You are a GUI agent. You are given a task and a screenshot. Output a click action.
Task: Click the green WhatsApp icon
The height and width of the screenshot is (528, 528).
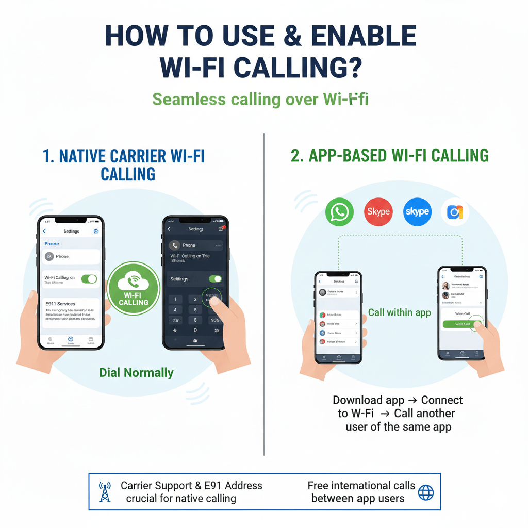339,212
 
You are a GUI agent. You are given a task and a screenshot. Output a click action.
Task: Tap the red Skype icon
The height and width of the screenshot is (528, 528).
378,212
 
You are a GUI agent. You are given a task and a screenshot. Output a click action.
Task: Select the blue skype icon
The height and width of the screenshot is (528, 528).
417,212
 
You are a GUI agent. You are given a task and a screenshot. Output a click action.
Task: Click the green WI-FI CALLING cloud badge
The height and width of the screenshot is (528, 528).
134,288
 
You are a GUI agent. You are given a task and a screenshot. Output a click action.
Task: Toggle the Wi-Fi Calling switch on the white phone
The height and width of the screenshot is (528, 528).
89,279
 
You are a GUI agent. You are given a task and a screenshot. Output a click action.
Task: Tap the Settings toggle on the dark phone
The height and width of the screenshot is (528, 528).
215,279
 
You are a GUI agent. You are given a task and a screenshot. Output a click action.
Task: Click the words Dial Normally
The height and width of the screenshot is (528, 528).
136,372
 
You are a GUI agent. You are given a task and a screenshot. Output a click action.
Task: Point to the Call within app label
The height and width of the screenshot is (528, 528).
399,312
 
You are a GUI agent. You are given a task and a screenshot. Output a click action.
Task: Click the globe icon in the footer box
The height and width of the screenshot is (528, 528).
426,492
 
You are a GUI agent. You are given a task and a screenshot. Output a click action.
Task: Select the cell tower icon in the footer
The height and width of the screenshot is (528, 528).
105,492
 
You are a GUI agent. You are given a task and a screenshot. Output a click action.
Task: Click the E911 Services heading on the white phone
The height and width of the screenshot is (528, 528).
60,304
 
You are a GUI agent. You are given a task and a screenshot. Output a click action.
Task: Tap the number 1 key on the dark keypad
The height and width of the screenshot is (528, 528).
175,299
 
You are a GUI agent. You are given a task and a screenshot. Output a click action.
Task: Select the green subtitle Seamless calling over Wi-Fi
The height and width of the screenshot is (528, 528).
260,99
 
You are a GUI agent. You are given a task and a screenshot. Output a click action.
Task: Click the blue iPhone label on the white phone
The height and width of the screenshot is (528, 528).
51,244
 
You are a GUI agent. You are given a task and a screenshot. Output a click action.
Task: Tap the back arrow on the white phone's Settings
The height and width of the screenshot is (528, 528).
44,231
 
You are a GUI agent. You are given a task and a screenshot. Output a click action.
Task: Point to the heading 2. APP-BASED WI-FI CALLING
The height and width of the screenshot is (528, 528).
389,155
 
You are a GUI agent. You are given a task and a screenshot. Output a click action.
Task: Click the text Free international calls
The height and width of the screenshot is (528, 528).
361,486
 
